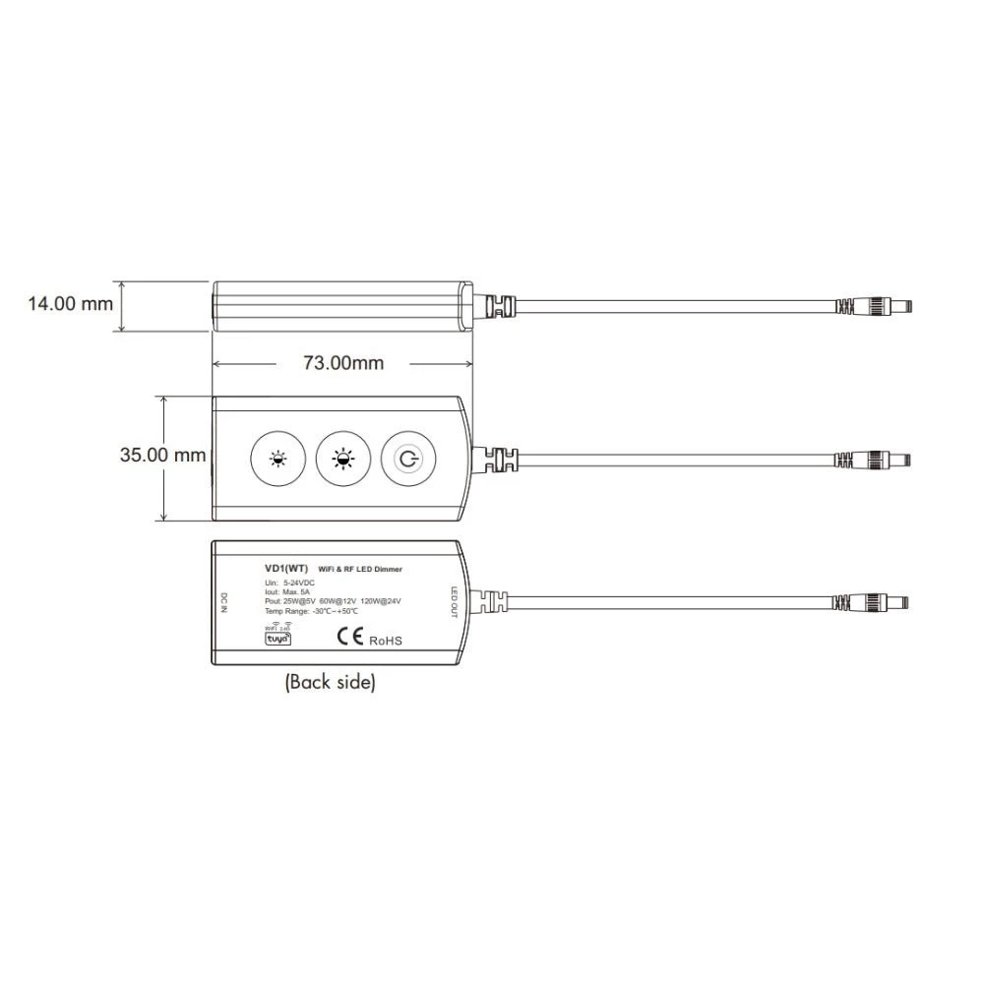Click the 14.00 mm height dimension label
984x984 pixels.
coord(70,303)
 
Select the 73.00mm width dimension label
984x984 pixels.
coord(342,363)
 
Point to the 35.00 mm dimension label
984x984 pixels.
coord(163,455)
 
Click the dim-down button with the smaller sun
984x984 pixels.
coord(279,459)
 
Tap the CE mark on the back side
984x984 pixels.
coord(351,637)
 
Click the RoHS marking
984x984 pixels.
coord(386,641)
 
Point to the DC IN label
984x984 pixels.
coord(224,602)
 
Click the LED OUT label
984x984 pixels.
coord(455,602)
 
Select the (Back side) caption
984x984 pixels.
coord(330,682)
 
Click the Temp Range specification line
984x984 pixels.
coord(311,611)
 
